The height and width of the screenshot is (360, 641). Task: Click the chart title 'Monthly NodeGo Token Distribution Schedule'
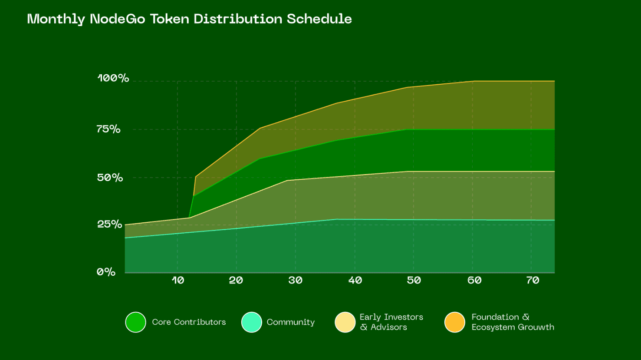[190, 19]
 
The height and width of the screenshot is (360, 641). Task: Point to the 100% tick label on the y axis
[113, 78]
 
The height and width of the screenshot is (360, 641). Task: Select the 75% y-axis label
[108, 129]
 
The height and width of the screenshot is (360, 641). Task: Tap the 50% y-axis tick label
[110, 178]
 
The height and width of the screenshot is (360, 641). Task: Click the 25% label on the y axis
[110, 224]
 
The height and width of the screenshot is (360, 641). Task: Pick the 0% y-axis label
[106, 271]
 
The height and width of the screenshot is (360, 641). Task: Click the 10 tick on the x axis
[178, 280]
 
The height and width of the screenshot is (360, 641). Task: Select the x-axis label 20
[236, 280]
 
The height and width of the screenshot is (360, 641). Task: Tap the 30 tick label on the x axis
[295, 280]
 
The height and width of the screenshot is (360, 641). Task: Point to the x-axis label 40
[355, 280]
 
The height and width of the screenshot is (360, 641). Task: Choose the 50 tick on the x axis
[414, 280]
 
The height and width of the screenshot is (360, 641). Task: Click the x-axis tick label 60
[474, 280]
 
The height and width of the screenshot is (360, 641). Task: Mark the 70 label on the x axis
[533, 280]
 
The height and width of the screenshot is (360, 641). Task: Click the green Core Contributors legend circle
[136, 322]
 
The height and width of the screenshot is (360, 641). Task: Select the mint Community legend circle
[252, 322]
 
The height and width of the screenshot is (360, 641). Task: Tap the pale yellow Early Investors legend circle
[345, 322]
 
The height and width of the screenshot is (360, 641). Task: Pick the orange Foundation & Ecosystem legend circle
[455, 322]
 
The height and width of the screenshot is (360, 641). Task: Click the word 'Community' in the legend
[291, 323]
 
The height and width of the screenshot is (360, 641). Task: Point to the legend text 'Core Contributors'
[189, 322]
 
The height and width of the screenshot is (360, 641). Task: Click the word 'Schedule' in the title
[319, 19]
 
